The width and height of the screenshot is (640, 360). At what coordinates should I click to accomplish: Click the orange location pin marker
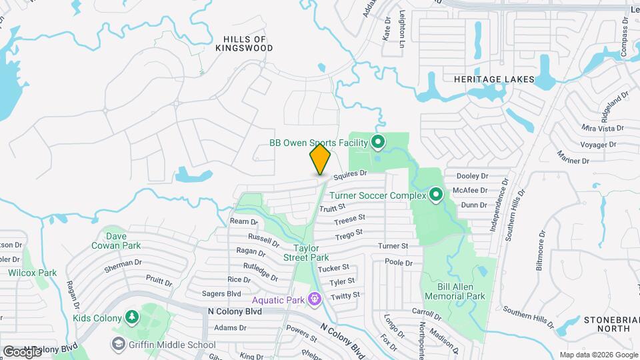pyautogui.click(x=320, y=159)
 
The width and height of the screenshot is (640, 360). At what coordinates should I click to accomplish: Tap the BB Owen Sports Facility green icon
pyautogui.click(x=378, y=142)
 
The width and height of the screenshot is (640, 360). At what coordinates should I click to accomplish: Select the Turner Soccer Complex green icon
pyautogui.click(x=436, y=195)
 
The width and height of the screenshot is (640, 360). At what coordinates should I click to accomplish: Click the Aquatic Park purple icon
pyautogui.click(x=314, y=300)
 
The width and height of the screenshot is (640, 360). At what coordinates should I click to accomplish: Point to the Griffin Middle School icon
pyautogui.click(x=119, y=344)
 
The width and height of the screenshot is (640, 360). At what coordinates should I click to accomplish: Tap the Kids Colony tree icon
pyautogui.click(x=131, y=316)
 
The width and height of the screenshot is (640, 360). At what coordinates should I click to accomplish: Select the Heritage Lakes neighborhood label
pyautogui.click(x=494, y=79)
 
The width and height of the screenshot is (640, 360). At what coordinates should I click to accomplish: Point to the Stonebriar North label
pyautogui.click(x=607, y=323)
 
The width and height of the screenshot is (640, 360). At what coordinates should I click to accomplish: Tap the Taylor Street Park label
pyautogui.click(x=306, y=252)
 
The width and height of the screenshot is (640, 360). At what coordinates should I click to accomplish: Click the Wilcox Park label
pyautogui.click(x=32, y=273)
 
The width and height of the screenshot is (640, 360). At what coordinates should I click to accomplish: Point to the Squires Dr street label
pyautogui.click(x=351, y=174)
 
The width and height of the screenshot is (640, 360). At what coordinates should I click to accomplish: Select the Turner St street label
pyautogui.click(x=393, y=246)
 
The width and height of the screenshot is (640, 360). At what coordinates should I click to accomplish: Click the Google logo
pyautogui.click(x=22, y=351)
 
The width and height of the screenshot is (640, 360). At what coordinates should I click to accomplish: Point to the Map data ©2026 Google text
pyautogui.click(x=597, y=355)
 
